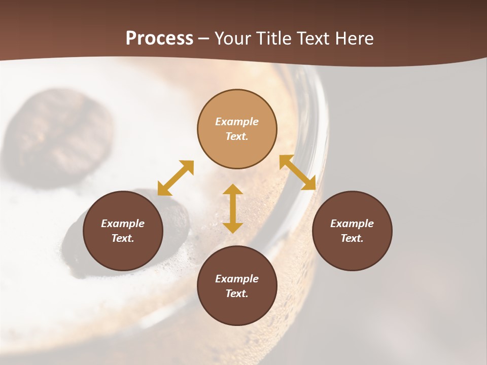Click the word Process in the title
click(159, 39)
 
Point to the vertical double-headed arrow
click(233, 208)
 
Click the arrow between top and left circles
click(176, 178)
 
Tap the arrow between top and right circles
click(298, 172)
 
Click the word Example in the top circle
click(237, 122)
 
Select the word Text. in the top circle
click(237, 136)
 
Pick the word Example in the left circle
click(123, 224)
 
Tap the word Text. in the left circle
click(123, 238)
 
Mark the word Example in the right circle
click(352, 224)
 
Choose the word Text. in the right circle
click(352, 238)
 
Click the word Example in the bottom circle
click(237, 279)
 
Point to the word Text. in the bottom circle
click(237, 294)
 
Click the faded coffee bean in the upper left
click(61, 134)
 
